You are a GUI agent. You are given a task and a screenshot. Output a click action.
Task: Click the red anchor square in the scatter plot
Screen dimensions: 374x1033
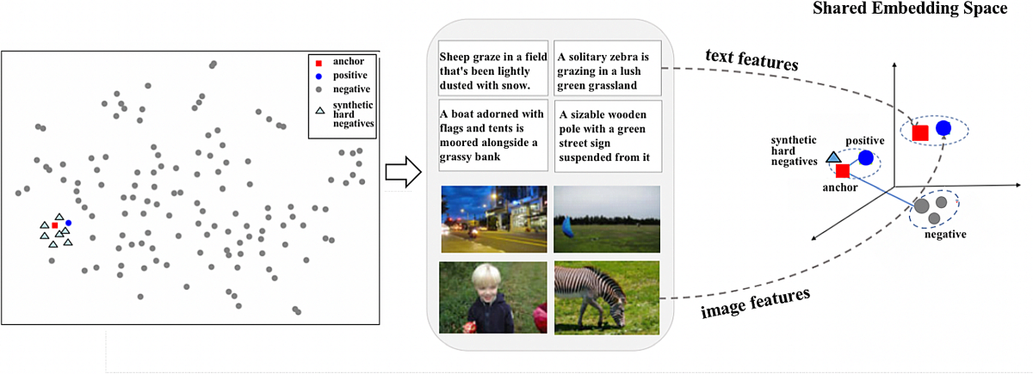pyautogui.click(x=55, y=225)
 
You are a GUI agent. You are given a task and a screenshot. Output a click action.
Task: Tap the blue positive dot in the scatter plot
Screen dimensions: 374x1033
pyautogui.click(x=68, y=224)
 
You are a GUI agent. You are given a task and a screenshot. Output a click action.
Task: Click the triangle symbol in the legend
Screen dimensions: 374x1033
pyautogui.click(x=319, y=111)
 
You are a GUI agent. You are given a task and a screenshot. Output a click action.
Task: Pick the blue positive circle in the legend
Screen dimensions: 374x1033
pyautogui.click(x=319, y=76)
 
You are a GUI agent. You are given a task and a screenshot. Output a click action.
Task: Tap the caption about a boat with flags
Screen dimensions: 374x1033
pyautogui.click(x=492, y=136)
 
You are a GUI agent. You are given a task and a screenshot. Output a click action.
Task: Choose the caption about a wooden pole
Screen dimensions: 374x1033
pyautogui.click(x=607, y=136)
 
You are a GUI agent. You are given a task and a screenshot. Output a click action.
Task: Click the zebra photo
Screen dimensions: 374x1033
pyautogui.click(x=607, y=297)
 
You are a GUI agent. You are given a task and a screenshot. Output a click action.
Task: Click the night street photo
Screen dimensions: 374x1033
pyautogui.click(x=492, y=219)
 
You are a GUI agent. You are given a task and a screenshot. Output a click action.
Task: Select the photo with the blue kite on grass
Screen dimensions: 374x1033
pyautogui.click(x=607, y=219)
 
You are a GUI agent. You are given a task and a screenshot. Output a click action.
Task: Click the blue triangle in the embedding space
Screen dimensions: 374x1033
pyautogui.click(x=832, y=157)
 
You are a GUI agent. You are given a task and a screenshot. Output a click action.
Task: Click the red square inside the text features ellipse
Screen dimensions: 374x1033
pyautogui.click(x=920, y=132)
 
